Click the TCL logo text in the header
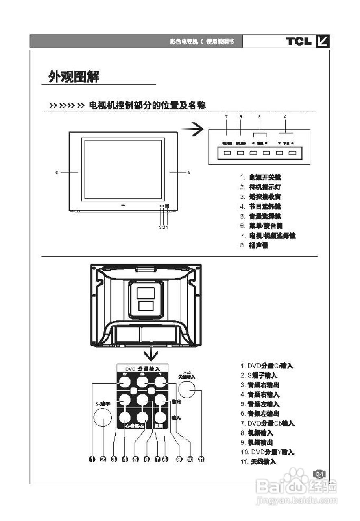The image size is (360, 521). (x=299, y=41)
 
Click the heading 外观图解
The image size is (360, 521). (x=74, y=76)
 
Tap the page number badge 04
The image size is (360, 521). (x=320, y=474)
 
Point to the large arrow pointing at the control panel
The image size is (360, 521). (x=192, y=130)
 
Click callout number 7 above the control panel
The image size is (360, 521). (x=226, y=117)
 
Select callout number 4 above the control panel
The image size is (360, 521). (x=285, y=117)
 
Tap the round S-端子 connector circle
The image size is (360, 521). (x=103, y=418)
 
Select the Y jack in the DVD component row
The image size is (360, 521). (x=161, y=382)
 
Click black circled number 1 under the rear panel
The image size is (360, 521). (x=92, y=459)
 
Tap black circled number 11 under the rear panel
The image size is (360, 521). (x=201, y=459)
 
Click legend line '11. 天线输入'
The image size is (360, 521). (x=258, y=462)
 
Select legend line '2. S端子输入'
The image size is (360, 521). (x=259, y=375)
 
